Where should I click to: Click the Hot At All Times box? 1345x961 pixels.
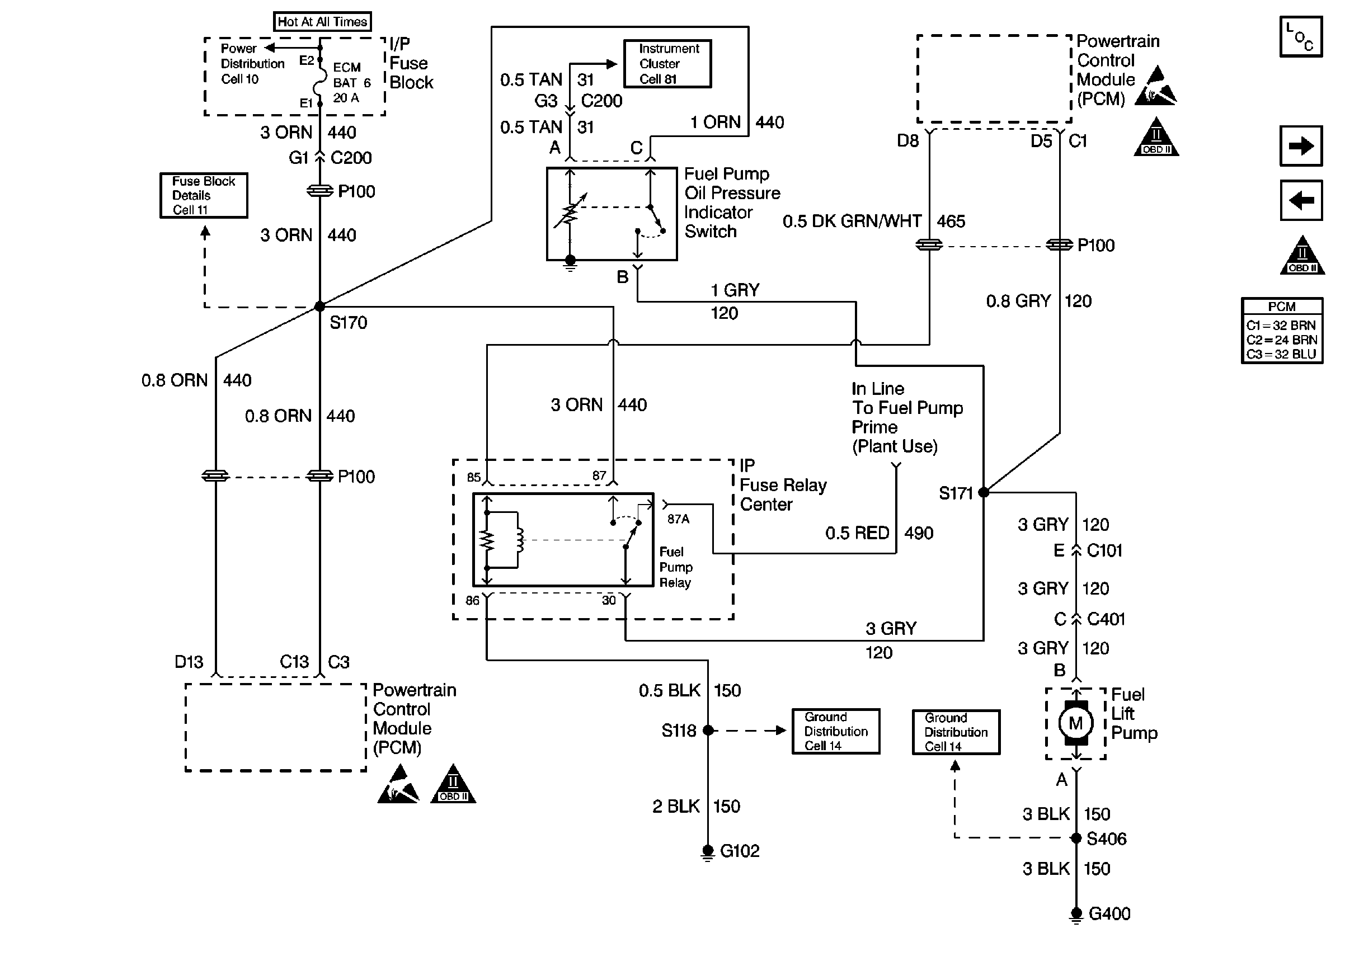(322, 22)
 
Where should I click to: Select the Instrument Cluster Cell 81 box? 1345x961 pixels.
(667, 64)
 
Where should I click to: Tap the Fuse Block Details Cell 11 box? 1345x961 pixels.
(204, 195)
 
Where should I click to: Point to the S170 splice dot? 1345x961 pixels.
(319, 307)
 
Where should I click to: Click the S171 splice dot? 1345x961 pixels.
(984, 492)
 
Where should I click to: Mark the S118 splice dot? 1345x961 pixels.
(708, 730)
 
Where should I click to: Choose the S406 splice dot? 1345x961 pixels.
(1076, 838)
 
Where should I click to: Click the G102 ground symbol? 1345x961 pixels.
(708, 852)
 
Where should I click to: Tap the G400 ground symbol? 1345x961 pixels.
(1076, 915)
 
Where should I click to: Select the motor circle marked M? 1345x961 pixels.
(1076, 723)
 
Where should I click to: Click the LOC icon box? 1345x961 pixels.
(1301, 37)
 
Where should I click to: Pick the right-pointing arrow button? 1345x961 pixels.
(1301, 145)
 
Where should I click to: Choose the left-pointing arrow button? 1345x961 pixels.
(1301, 201)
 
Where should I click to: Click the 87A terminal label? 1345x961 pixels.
(678, 519)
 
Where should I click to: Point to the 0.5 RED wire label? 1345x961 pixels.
(857, 533)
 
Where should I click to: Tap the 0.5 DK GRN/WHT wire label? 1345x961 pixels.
(852, 222)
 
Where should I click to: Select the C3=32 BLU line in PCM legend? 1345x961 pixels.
(1282, 355)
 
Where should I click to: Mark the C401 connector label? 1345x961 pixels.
(1106, 619)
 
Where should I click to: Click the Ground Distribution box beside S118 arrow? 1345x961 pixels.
(835, 732)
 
